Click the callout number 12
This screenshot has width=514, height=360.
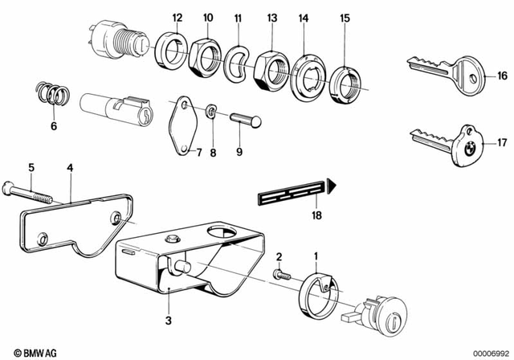(x=177, y=18)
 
